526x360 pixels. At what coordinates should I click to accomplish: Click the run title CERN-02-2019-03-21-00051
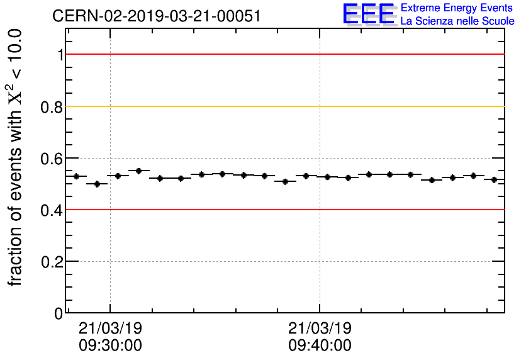156,15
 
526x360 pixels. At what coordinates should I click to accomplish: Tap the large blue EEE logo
369,14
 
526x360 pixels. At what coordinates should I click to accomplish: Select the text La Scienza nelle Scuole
457,21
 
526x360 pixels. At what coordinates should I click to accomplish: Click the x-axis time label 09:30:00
110,346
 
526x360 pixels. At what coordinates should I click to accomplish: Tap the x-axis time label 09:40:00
320,346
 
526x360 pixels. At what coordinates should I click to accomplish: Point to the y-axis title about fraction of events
16,157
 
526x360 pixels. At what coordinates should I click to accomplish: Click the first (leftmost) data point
76,176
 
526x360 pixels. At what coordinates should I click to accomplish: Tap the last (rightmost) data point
495,179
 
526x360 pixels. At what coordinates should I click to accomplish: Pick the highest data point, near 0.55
139,171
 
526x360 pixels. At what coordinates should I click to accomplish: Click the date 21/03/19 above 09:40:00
320,329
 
